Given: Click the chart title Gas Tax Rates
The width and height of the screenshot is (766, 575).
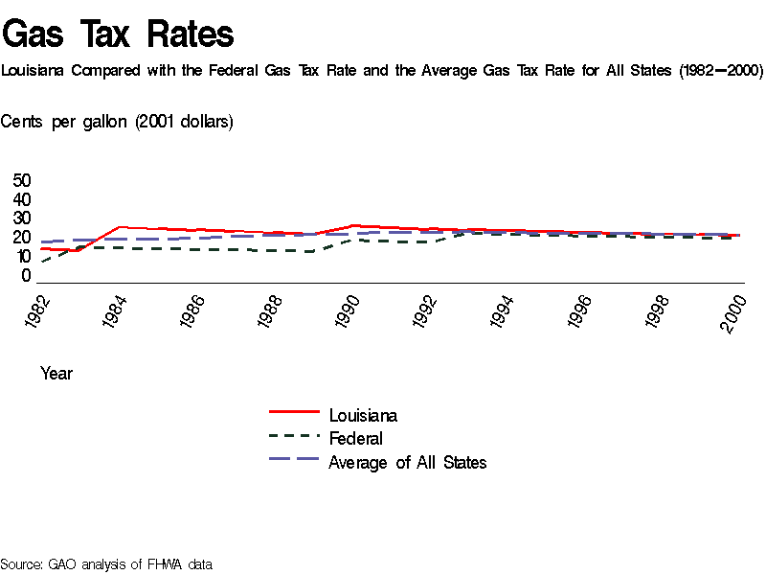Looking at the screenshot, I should click(x=118, y=34).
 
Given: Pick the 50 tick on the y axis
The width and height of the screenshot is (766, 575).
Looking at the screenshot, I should click(x=22, y=180).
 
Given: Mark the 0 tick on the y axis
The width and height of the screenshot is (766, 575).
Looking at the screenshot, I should click(x=27, y=276).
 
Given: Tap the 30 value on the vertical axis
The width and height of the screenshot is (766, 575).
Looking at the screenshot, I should click(x=22, y=218).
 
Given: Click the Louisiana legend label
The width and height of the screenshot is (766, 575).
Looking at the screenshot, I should click(x=363, y=416).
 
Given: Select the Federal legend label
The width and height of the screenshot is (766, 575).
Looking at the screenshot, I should click(x=355, y=439).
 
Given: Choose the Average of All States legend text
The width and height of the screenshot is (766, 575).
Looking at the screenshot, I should click(x=407, y=463).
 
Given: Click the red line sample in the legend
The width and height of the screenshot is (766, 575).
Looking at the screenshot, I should click(x=294, y=412).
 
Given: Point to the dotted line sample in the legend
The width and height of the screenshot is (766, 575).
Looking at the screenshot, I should click(x=294, y=435).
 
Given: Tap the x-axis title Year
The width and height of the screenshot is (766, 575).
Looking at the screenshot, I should click(x=56, y=374).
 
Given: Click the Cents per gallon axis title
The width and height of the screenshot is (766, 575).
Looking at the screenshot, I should click(x=117, y=122).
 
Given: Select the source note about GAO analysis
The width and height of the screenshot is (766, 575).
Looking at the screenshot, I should click(x=105, y=564).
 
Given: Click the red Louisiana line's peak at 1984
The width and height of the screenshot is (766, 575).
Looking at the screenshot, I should click(x=119, y=227).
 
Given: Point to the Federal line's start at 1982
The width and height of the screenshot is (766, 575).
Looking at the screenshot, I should click(x=42, y=262).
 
